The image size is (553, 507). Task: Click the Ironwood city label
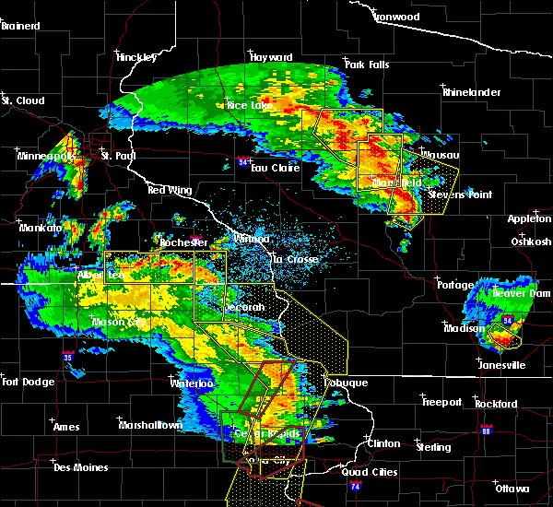(x=397, y=17)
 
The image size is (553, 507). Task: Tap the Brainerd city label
(x=20, y=26)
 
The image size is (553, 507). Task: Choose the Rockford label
(x=496, y=404)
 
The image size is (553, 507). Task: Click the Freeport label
(x=442, y=402)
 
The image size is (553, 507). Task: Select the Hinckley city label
(x=136, y=57)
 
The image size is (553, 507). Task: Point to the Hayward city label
(x=270, y=57)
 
